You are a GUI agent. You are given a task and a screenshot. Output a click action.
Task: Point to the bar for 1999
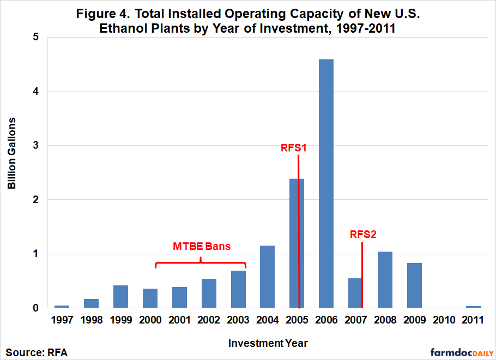(x=120, y=296)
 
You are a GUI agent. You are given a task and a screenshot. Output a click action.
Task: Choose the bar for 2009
(x=414, y=285)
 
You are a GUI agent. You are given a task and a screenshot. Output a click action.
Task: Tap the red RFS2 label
(x=363, y=235)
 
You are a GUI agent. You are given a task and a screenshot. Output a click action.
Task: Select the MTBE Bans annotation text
(x=202, y=246)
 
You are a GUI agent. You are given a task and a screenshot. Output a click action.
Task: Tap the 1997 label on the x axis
(x=62, y=320)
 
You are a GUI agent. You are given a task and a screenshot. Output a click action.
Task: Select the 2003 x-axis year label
(x=238, y=320)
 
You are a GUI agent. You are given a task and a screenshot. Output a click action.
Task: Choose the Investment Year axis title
(x=268, y=343)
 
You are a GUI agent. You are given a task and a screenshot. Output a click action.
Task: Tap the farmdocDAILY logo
(x=462, y=352)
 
